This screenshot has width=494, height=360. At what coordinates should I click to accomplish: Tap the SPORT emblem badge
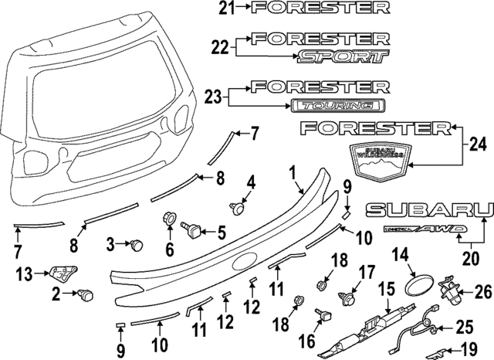342,56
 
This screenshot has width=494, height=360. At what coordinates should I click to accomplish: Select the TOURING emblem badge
337,104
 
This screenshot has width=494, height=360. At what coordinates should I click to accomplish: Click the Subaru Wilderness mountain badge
378,163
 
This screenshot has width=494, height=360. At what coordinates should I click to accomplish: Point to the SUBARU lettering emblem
430,209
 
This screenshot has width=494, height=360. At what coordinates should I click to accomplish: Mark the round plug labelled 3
137,246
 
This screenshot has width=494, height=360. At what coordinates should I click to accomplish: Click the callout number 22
219,48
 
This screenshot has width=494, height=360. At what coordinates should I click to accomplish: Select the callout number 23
214,96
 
